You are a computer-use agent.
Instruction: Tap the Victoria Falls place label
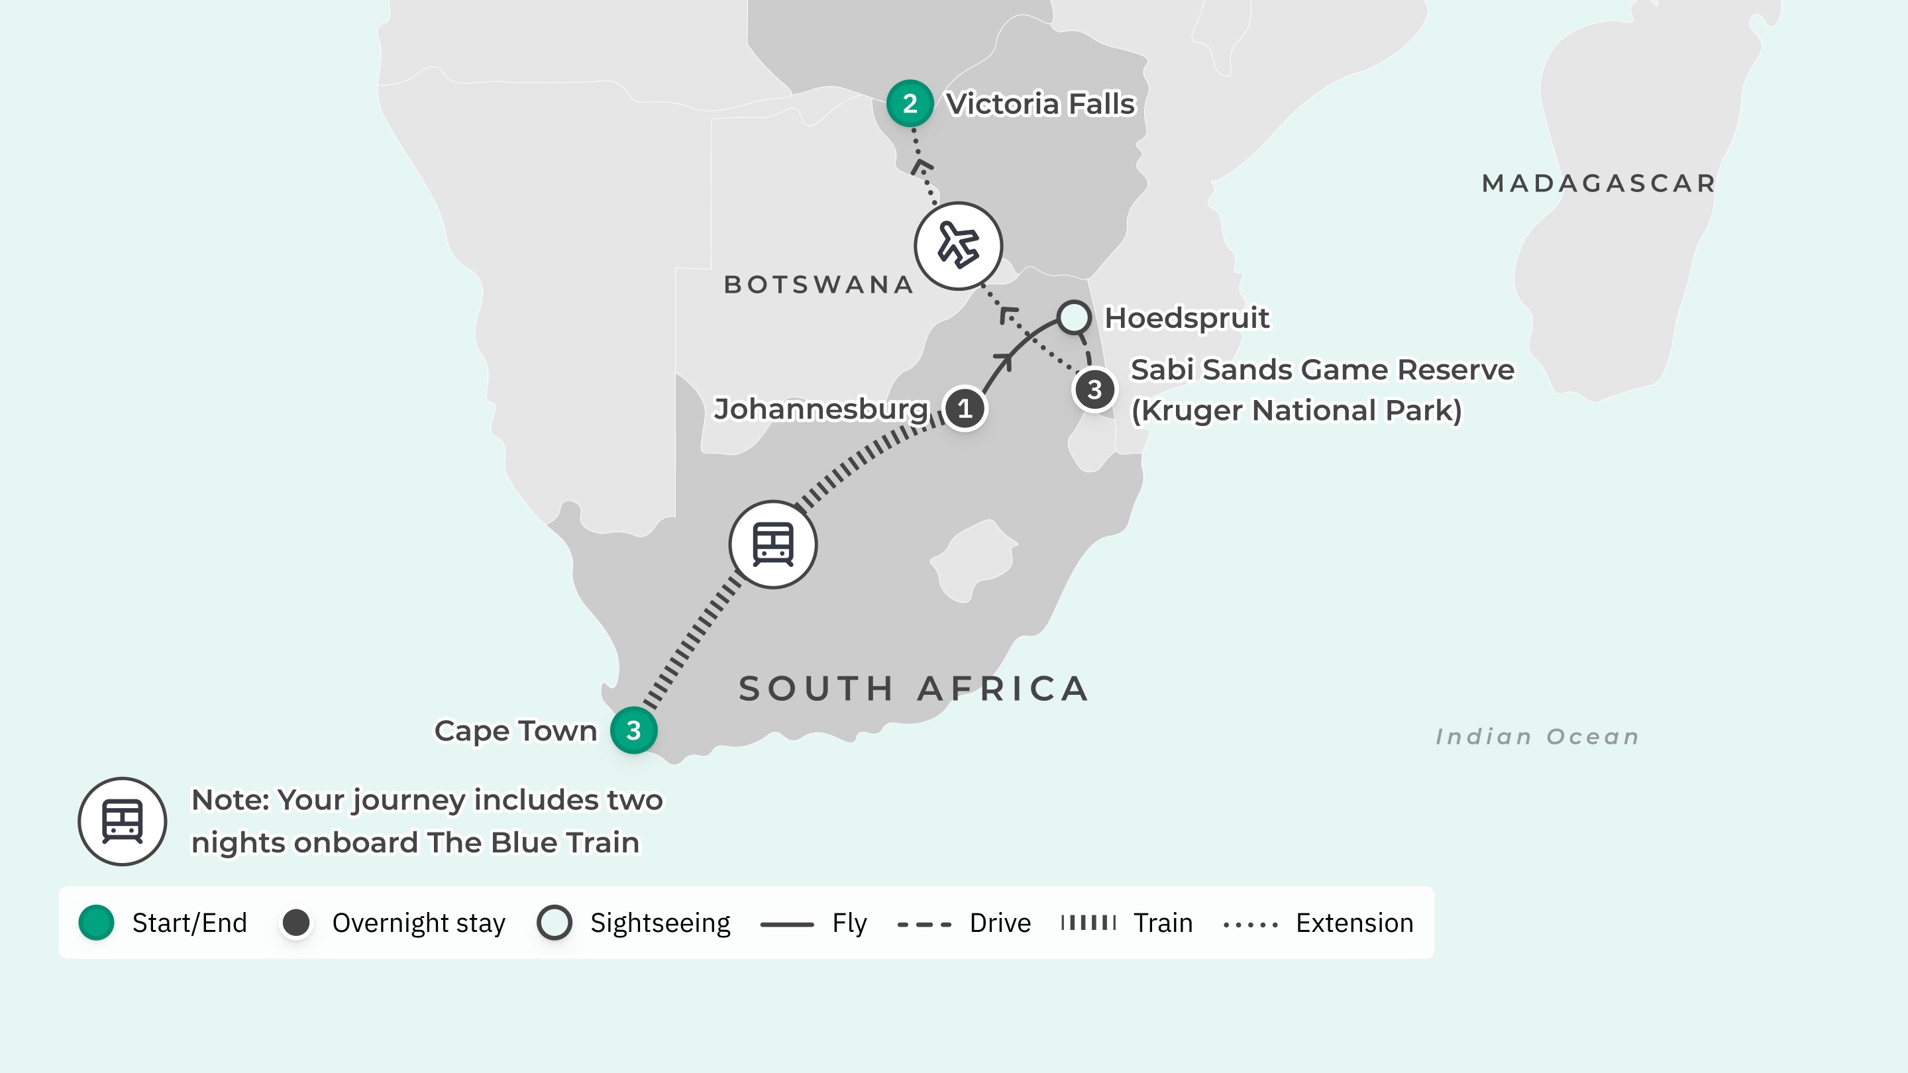click(x=1040, y=104)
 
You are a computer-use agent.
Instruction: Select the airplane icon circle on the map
click(x=958, y=246)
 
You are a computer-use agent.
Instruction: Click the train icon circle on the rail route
click(x=772, y=544)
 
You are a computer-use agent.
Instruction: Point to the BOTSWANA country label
click(x=818, y=284)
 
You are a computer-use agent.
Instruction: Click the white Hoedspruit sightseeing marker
click(x=1073, y=317)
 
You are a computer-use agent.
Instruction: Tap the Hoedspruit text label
click(x=1187, y=318)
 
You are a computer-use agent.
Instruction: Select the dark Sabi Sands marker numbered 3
click(x=1094, y=389)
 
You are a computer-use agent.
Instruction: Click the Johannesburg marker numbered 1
click(x=965, y=408)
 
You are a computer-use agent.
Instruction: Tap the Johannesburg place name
click(x=821, y=409)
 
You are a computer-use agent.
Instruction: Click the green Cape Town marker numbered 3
click(x=633, y=730)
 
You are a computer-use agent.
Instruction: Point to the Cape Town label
click(x=515, y=731)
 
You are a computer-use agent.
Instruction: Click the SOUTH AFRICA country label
click(x=914, y=689)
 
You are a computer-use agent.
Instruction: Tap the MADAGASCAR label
click(x=1599, y=183)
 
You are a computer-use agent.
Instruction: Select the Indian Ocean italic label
click(x=1537, y=737)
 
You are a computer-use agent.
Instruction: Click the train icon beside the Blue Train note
click(x=122, y=821)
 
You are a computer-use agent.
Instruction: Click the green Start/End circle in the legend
click(x=96, y=923)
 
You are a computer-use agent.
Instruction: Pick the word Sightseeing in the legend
click(x=660, y=923)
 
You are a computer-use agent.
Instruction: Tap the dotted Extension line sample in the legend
click(x=1250, y=924)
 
